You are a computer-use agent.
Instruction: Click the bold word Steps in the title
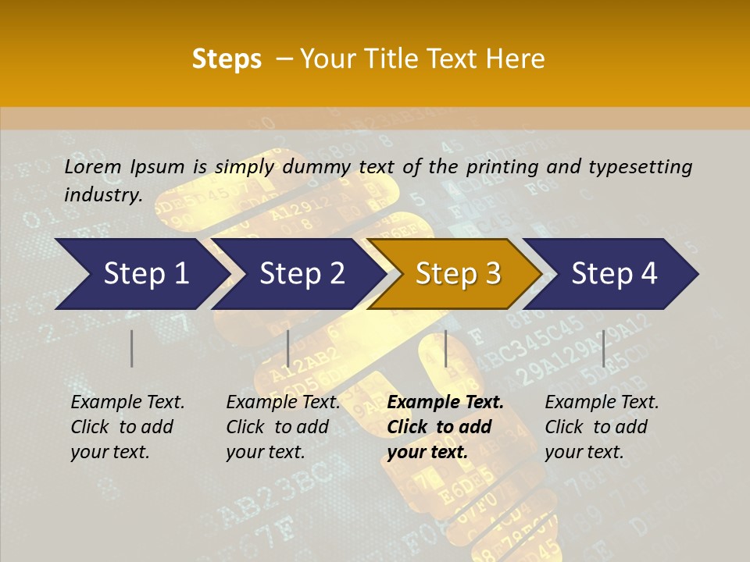point(227,59)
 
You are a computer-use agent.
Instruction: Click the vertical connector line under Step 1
point(132,348)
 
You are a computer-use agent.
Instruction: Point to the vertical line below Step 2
point(288,348)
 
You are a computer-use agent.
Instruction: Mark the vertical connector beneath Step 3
point(445,348)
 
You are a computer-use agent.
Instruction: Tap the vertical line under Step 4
point(603,348)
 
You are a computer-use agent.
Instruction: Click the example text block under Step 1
point(127,427)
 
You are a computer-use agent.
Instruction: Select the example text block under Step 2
point(283,427)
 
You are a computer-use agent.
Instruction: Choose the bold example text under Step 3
point(445,427)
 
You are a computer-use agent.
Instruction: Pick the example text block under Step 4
point(602,427)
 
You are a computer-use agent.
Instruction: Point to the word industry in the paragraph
point(102,194)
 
